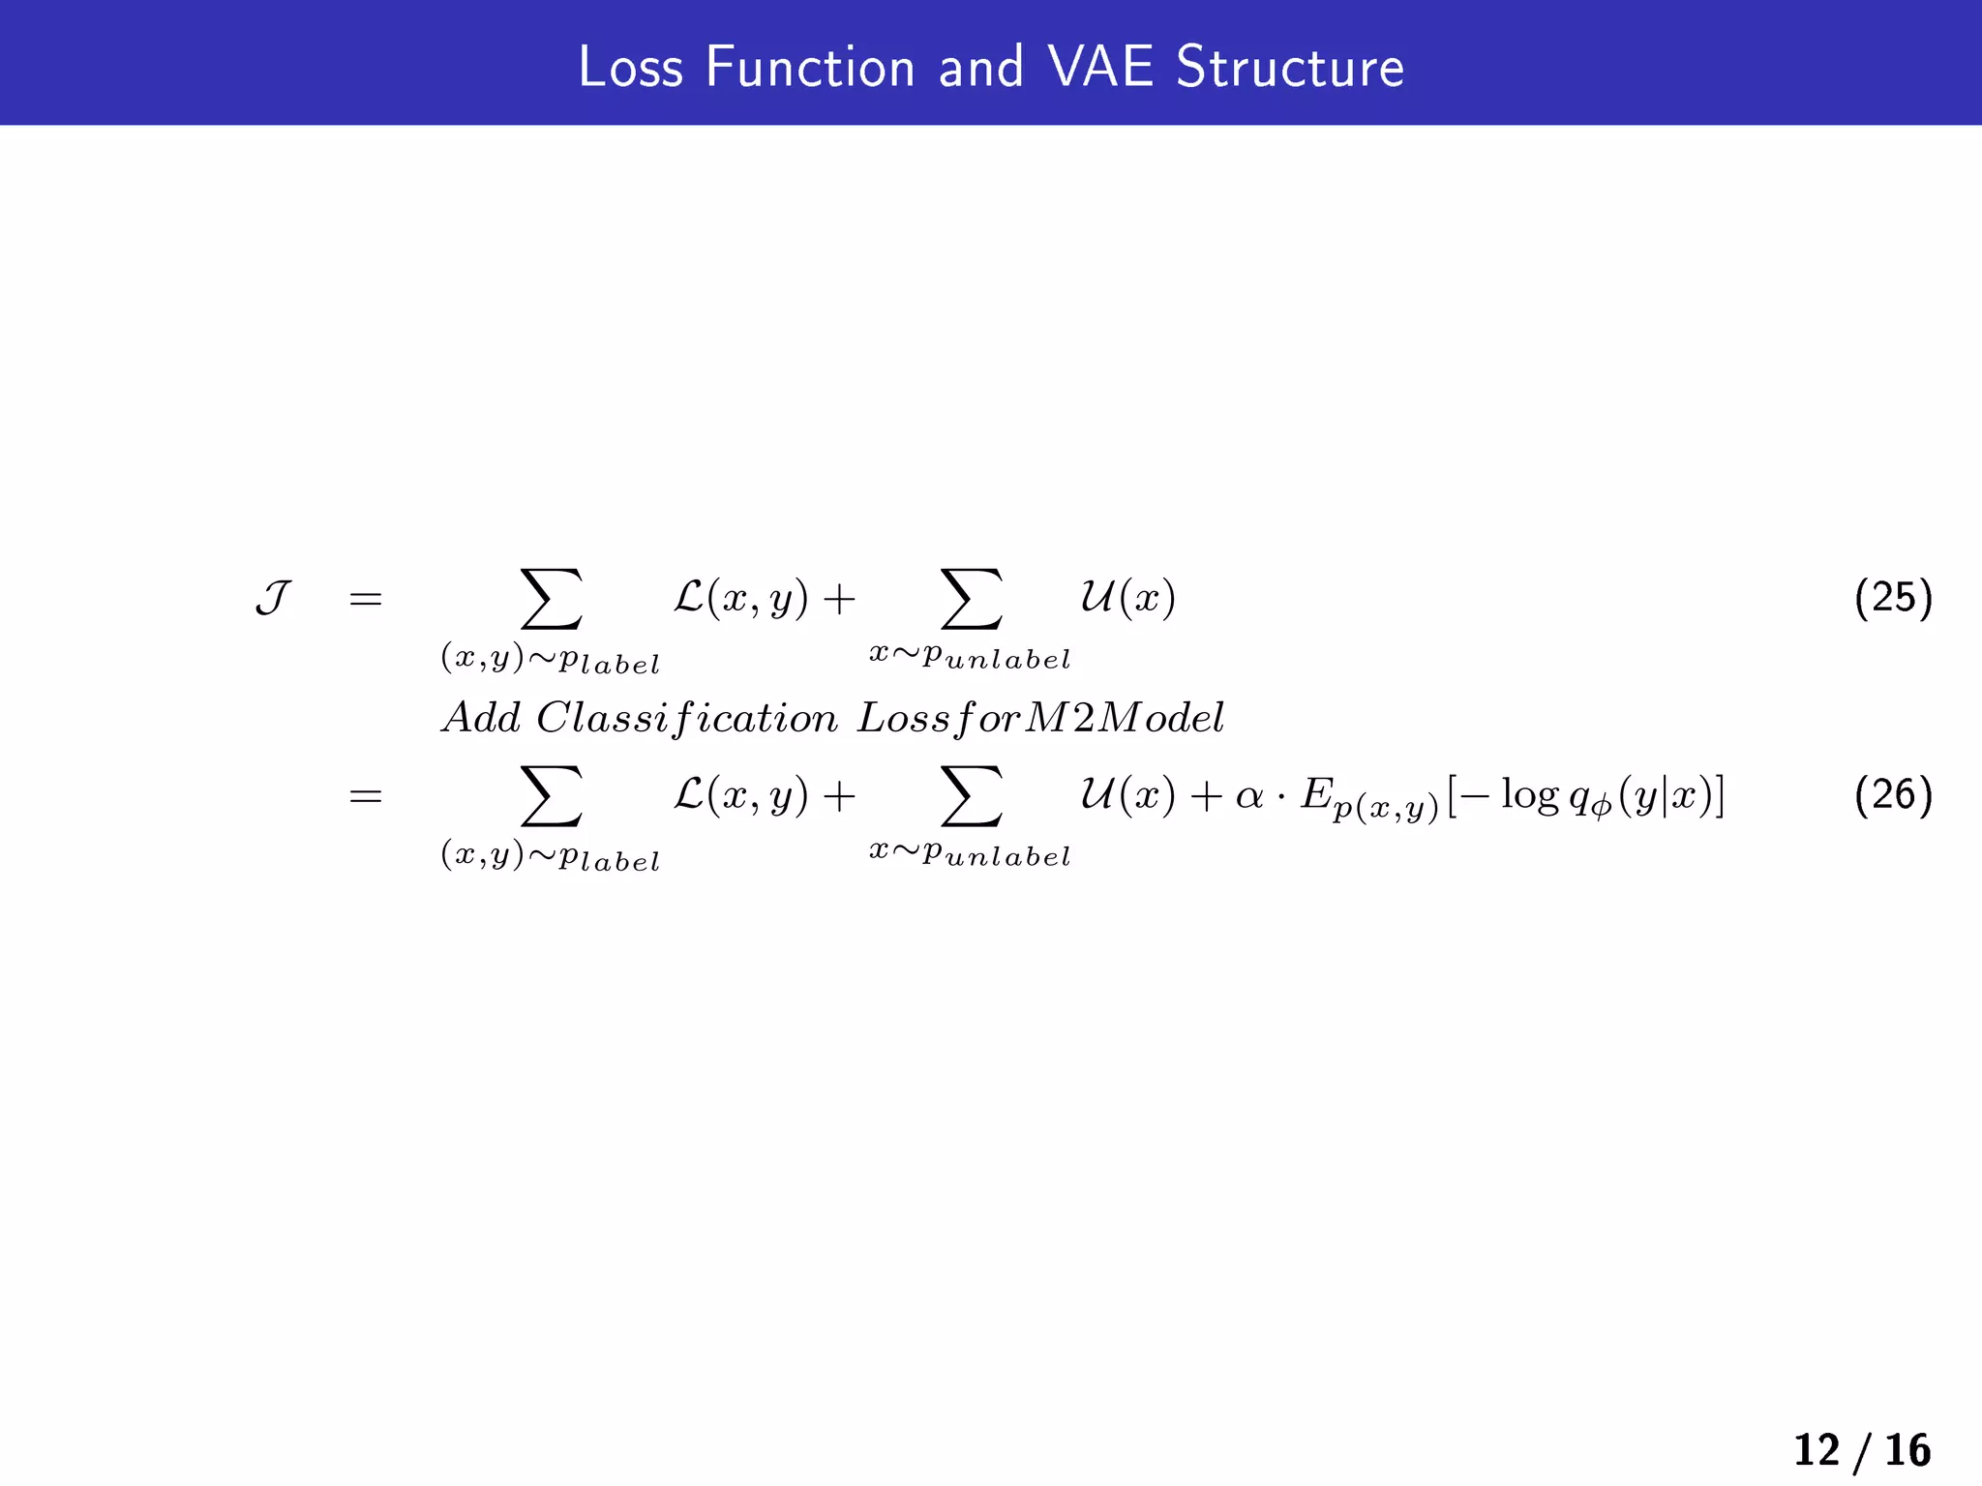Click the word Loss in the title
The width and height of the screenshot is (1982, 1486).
coord(630,68)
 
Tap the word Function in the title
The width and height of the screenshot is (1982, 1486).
coord(810,68)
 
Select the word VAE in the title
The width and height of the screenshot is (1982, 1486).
coord(1099,68)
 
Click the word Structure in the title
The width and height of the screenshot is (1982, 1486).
coord(1289,68)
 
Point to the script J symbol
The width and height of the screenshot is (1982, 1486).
coord(273,599)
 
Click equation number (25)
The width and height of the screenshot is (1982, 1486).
coord(1893,598)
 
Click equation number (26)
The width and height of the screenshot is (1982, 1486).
coord(1893,795)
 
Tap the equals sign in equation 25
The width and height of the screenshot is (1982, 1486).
coord(366,600)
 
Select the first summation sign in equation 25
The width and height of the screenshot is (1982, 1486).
coord(552,599)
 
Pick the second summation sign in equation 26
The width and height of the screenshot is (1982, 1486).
coord(971,795)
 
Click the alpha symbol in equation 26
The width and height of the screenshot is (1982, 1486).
coord(1249,796)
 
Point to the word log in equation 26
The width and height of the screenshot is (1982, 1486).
coord(1530,795)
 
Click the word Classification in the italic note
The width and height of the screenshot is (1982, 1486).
coord(686,719)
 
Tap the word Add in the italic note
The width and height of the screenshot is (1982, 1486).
coord(481,718)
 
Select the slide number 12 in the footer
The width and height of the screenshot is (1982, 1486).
coord(1817,1450)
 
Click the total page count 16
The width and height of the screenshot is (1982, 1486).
coord(1907,1450)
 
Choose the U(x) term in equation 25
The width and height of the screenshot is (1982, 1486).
coord(1127,599)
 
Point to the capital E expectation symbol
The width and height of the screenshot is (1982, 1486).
coord(1316,795)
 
